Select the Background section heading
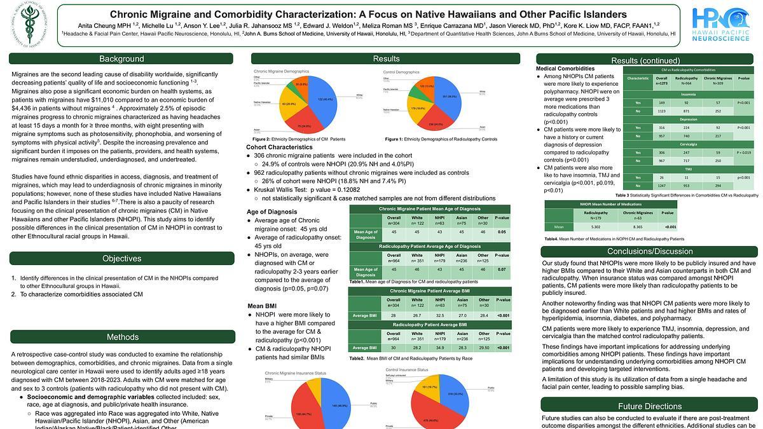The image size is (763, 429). [121, 59]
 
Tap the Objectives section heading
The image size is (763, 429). [121, 259]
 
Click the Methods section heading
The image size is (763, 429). [122, 337]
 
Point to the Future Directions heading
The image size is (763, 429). [649, 406]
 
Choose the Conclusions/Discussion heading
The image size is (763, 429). [649, 251]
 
